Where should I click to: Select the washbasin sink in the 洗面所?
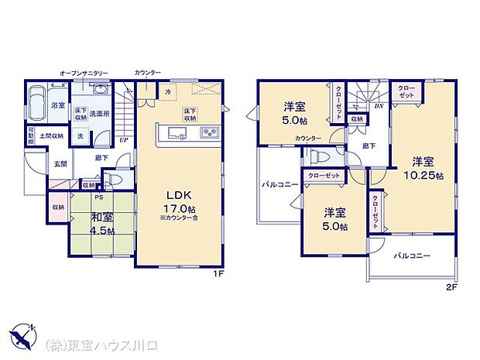point(100,91)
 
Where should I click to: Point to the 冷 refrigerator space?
point(167,92)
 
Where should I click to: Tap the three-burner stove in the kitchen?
point(209,134)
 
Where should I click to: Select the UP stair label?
point(123,140)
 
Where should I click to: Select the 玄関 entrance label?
point(60,164)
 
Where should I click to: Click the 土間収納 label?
point(52,135)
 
